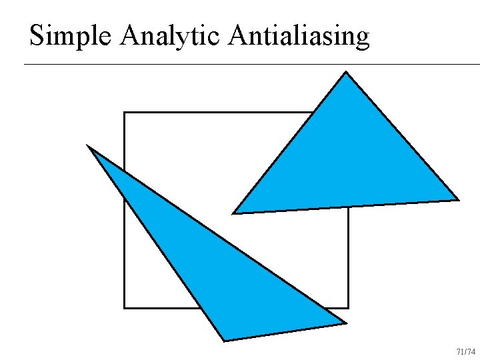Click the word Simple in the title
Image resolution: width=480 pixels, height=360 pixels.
pyautogui.click(x=71, y=36)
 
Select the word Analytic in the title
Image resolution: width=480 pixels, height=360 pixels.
pyautogui.click(x=169, y=36)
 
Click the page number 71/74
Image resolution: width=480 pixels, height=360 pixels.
pyautogui.click(x=465, y=351)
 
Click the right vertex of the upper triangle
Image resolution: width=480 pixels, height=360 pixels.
pyautogui.click(x=459, y=199)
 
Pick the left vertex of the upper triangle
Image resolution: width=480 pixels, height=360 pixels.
pyautogui.click(x=233, y=213)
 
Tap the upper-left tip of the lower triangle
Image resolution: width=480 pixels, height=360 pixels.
pyautogui.click(x=88, y=145)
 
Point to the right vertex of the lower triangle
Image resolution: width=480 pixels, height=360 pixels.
pyautogui.click(x=346, y=323)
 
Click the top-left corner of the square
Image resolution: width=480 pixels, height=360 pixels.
pyautogui.click(x=125, y=113)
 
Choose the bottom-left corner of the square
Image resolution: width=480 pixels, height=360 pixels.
pyautogui.click(x=125, y=308)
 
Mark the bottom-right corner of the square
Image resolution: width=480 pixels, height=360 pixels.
pyautogui.click(x=348, y=308)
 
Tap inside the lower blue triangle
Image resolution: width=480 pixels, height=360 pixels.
pyautogui.click(x=220, y=273)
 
